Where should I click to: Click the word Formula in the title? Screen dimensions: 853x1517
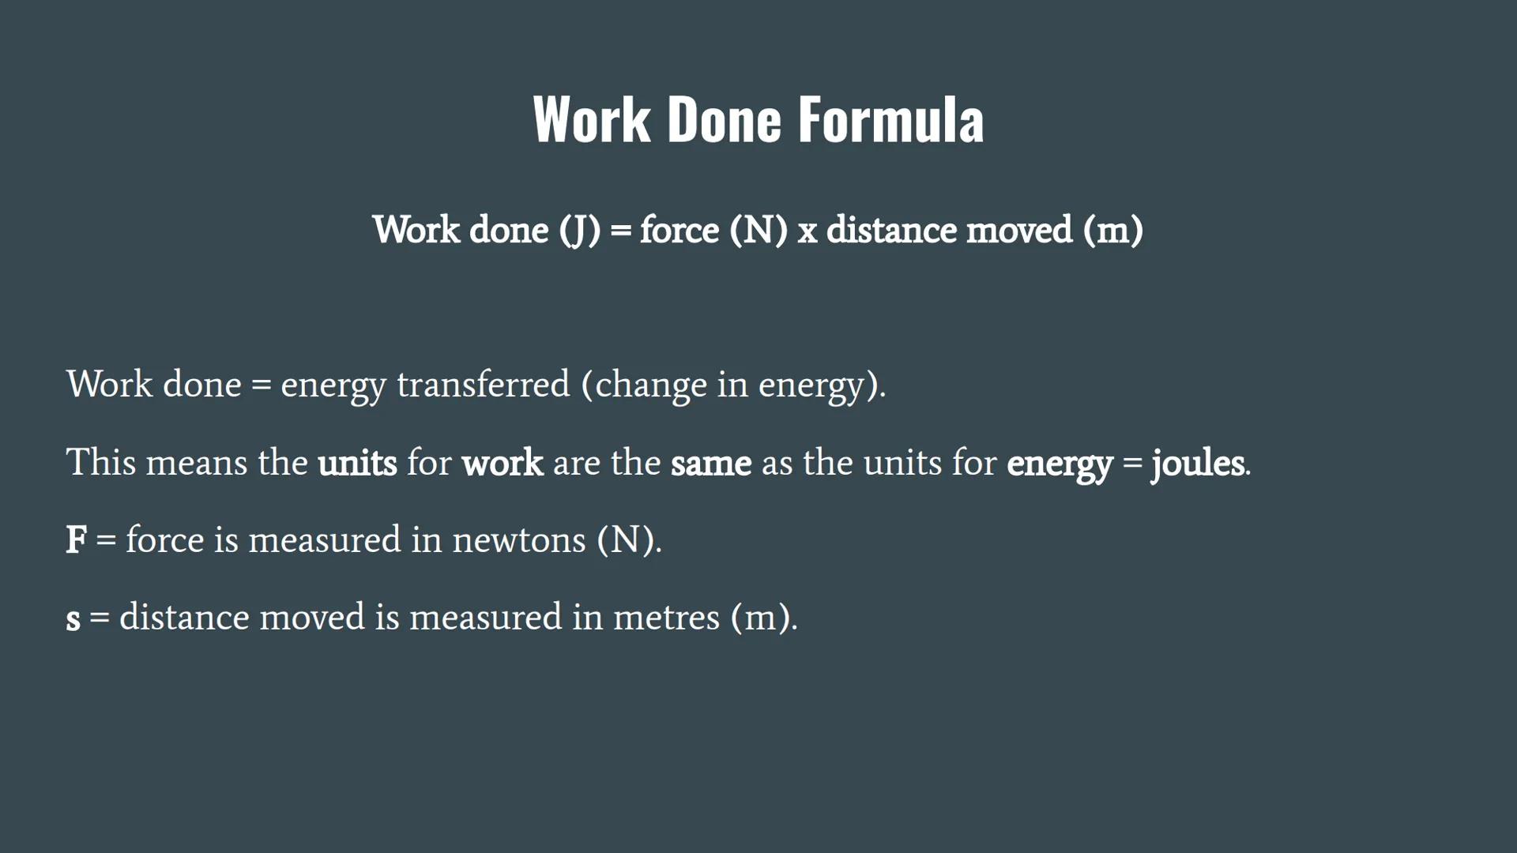[x=890, y=120]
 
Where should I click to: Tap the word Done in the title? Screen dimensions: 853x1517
[x=724, y=120]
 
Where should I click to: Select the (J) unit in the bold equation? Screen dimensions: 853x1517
[x=580, y=231]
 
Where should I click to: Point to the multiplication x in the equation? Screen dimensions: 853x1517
[x=807, y=231]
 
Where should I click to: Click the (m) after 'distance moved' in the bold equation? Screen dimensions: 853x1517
[x=1113, y=231]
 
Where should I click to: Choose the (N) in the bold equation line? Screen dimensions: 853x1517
[x=758, y=231]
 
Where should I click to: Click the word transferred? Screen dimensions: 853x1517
[x=483, y=385]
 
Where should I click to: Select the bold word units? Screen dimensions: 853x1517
[x=357, y=462]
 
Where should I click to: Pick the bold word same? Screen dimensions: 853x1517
[x=710, y=462]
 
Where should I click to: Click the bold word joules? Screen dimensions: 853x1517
[x=1198, y=462]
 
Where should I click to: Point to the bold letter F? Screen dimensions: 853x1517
[x=76, y=540]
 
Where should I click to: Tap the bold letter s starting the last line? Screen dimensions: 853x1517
[x=73, y=618]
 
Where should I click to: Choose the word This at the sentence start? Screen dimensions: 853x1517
[x=101, y=462]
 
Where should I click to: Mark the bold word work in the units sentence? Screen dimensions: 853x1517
[x=503, y=462]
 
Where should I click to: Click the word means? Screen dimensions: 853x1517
[x=197, y=462]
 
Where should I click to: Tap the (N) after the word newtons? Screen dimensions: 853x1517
[x=626, y=540]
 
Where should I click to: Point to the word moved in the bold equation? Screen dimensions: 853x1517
[x=1019, y=231]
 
